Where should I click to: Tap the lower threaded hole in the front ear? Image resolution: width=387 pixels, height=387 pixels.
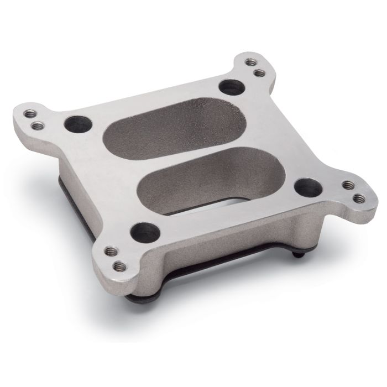(117, 268)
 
